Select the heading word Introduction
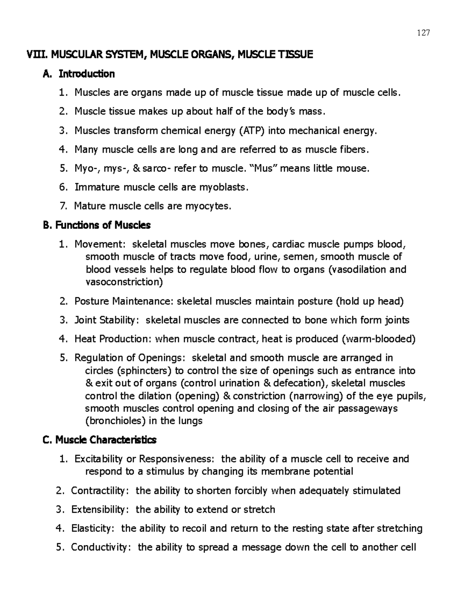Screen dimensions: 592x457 (x=86, y=74)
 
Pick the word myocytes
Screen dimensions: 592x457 (x=208, y=206)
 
